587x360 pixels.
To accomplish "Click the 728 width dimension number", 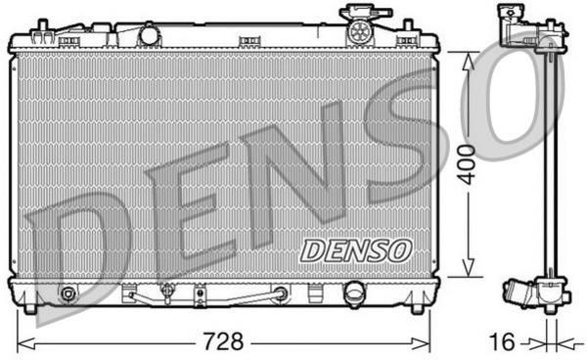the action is coord(223,340).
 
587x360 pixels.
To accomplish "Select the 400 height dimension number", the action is coord(467,164).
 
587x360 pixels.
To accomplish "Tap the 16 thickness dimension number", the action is coord(502,341).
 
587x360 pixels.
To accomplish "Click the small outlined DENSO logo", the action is coord(356,250).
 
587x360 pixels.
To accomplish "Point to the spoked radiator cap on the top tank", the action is coord(359,31).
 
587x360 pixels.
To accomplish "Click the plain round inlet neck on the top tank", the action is coord(149,34).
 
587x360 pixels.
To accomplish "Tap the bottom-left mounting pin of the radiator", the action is coord(30,308).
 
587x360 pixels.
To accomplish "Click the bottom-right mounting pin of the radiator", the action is coord(417,308).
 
